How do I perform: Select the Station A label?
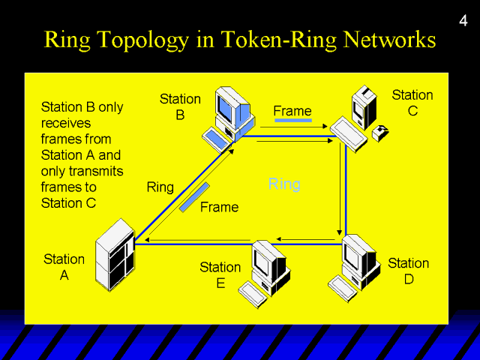(64, 267)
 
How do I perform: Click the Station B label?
(180, 106)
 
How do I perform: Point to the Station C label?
(412, 103)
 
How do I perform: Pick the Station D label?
(408, 271)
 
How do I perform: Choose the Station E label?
(220, 274)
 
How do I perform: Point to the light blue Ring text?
(284, 184)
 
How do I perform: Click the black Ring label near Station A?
(160, 187)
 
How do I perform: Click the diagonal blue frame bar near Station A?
(194, 196)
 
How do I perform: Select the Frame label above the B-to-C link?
(292, 111)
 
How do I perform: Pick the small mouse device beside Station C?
(380, 133)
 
